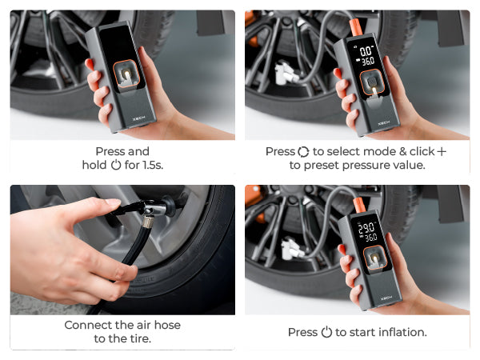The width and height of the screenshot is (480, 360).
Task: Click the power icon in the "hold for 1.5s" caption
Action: point(116,165)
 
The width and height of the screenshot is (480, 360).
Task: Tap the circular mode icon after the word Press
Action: point(303,152)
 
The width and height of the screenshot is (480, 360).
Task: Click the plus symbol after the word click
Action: point(442,151)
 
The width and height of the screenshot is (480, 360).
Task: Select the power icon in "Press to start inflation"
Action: point(326,332)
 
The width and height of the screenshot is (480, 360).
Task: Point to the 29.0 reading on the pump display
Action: point(366,228)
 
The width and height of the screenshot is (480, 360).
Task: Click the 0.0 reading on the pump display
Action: point(366,51)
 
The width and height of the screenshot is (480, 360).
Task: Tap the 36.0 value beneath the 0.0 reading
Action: point(368,62)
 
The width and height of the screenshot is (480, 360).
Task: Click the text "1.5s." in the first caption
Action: point(153,165)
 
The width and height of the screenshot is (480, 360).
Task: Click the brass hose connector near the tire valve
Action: point(149,222)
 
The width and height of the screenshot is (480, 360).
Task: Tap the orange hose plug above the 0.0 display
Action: point(357,26)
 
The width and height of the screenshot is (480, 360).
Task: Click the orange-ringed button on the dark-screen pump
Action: point(126,74)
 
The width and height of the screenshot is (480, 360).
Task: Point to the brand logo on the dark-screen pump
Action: point(138,118)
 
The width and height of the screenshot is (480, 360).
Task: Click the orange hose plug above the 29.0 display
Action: point(360,206)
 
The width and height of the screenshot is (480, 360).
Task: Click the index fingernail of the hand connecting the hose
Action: point(113,202)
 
